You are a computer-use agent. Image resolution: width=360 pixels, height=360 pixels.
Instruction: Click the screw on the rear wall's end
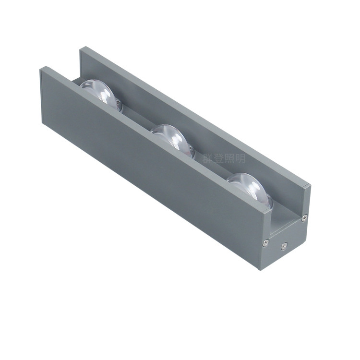click(x=304, y=218)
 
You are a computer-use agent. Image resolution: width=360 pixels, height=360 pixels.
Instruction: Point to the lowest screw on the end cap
click(x=283, y=247)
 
